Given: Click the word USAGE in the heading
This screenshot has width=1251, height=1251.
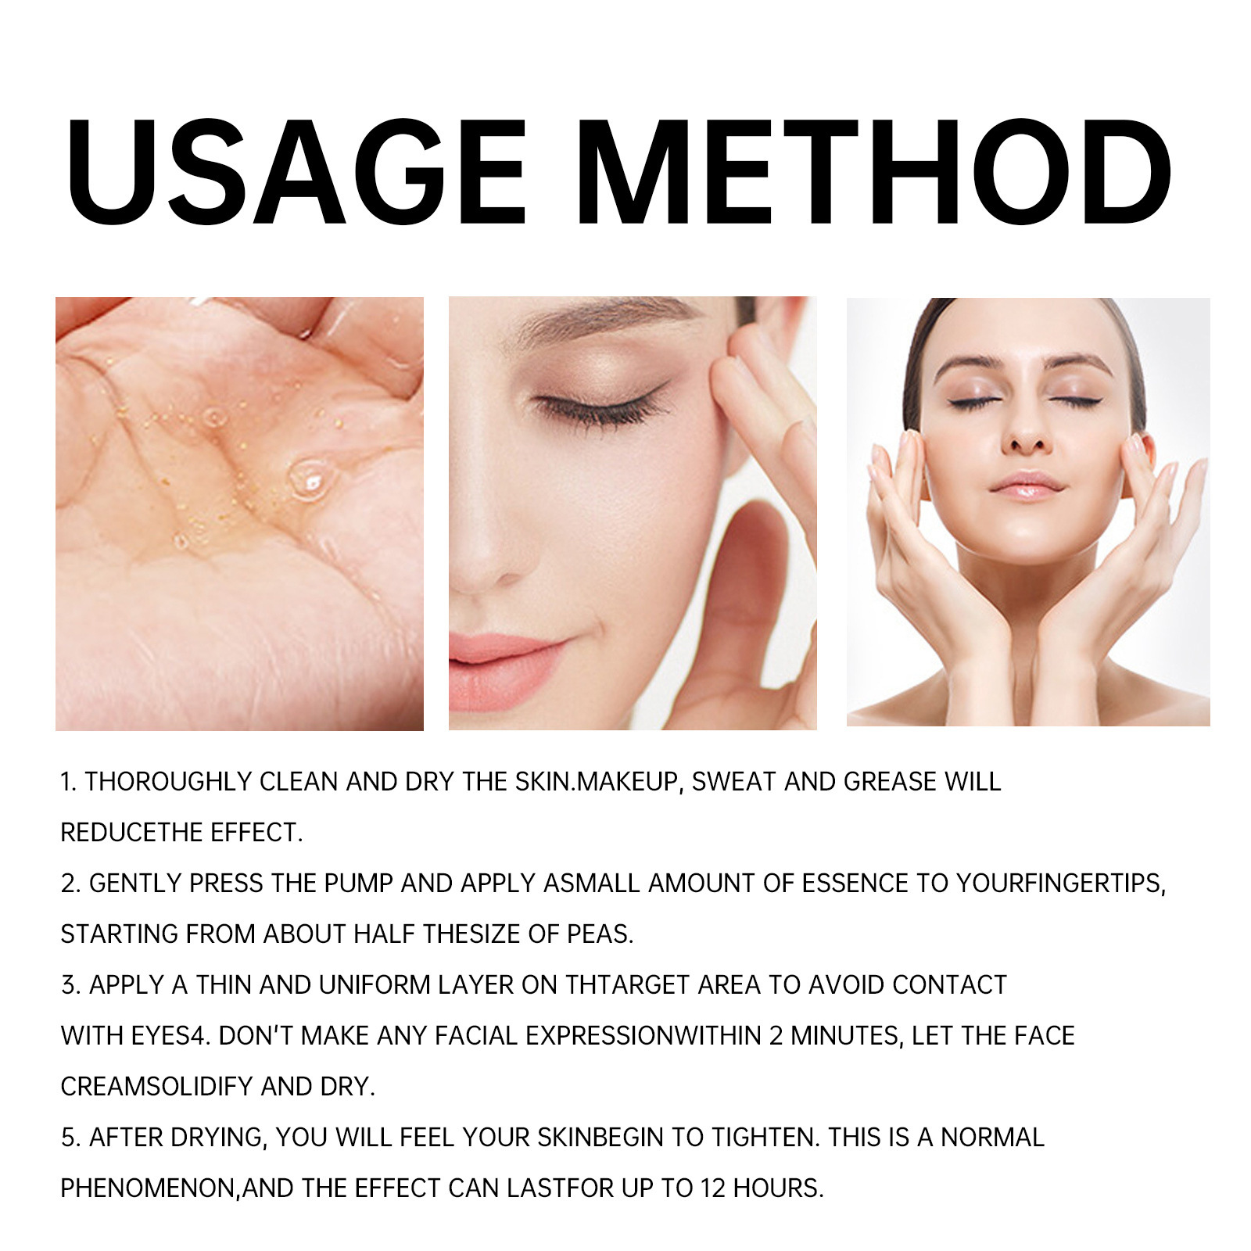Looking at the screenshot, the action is (298, 173).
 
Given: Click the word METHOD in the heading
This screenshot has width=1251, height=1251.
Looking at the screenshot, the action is (876, 173).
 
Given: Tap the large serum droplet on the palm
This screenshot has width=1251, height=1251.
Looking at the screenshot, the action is (308, 479).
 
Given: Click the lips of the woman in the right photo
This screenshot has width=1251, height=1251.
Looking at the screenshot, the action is (1027, 486).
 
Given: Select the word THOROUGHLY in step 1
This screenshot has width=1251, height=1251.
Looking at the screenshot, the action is (168, 782).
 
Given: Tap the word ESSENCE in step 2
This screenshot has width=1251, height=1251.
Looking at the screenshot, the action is (855, 884).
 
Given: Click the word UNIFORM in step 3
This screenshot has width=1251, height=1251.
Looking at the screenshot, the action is (375, 985).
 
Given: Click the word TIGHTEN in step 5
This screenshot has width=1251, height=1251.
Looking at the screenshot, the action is (765, 1138).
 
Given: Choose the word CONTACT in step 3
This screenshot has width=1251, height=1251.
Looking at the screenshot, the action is (949, 985).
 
